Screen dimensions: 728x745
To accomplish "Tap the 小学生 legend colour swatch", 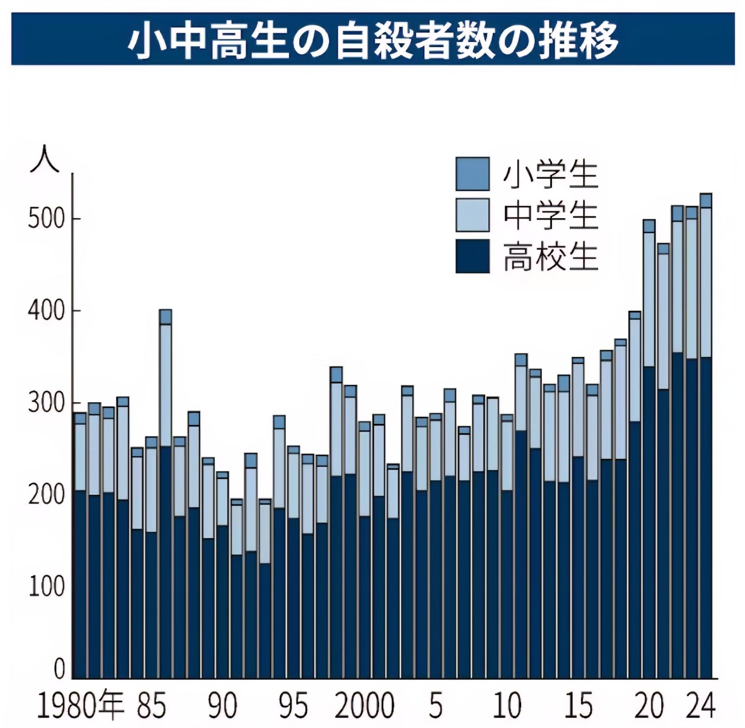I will click(473, 174).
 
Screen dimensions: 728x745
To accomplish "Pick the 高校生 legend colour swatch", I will click(473, 256).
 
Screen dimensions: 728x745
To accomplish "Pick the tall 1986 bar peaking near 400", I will click(166, 497).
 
